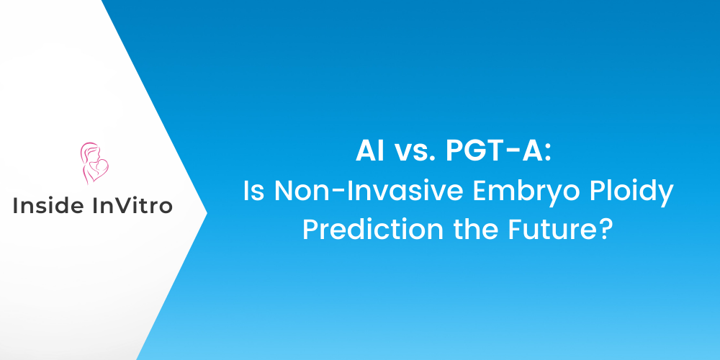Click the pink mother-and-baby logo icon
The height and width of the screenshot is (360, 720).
tap(92, 163)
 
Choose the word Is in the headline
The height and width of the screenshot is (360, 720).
tap(253, 192)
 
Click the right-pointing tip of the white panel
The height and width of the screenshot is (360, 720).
tap(206, 212)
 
